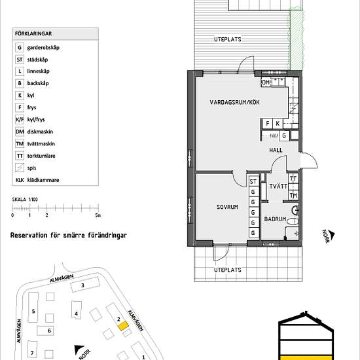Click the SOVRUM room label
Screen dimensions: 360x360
click(227, 207)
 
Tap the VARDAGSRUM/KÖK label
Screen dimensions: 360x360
click(234, 102)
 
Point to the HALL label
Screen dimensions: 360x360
click(276, 150)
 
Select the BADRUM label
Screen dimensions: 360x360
click(275, 219)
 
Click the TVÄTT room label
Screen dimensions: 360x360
click(278, 186)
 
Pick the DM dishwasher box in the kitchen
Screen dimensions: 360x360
click(266, 82)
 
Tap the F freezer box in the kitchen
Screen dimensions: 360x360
click(268, 124)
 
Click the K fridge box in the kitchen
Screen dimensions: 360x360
click(278, 124)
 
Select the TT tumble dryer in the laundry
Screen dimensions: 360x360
click(293, 179)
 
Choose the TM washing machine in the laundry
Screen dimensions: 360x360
click(293, 196)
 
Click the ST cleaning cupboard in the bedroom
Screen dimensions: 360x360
click(253, 181)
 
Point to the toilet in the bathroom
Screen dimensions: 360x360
click(293, 221)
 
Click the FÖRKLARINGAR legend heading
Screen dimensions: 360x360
click(33, 34)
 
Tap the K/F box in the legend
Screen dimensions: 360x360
click(20, 120)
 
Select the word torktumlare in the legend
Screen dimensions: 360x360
click(41, 156)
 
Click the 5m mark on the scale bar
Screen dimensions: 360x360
click(98, 215)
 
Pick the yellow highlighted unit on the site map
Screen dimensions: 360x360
click(123, 326)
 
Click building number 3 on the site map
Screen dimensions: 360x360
click(82, 285)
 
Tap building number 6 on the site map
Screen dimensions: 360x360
click(49, 331)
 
